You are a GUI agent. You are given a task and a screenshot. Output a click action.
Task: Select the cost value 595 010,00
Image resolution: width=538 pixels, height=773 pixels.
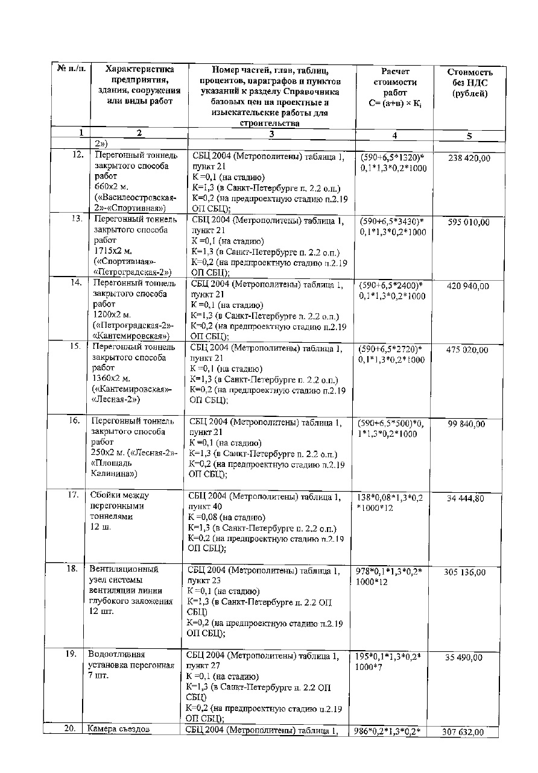click(468, 222)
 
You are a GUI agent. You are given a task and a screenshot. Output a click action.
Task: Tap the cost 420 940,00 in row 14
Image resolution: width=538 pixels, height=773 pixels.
click(468, 286)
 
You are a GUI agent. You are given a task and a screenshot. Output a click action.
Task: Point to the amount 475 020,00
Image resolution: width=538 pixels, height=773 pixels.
click(467, 350)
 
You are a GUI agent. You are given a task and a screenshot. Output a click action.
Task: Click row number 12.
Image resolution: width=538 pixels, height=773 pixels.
click(77, 155)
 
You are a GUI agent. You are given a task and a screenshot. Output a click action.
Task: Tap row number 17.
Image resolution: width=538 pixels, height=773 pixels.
click(74, 495)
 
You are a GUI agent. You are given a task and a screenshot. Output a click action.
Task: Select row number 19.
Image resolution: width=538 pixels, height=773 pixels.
click(72, 653)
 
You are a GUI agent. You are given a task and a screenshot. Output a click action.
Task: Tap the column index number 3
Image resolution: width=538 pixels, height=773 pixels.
click(271, 134)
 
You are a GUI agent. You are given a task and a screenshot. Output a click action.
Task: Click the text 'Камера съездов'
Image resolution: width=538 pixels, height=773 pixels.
click(117, 730)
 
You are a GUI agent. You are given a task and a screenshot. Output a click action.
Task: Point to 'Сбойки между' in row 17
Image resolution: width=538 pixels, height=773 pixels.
click(119, 495)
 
